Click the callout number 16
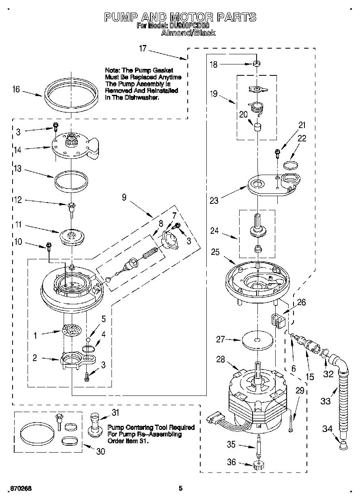(16, 90)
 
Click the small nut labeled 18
(256, 64)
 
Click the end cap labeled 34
(343, 446)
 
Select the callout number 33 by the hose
(325, 401)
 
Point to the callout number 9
(124, 197)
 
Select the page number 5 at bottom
(181, 488)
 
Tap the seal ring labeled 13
(71, 179)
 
